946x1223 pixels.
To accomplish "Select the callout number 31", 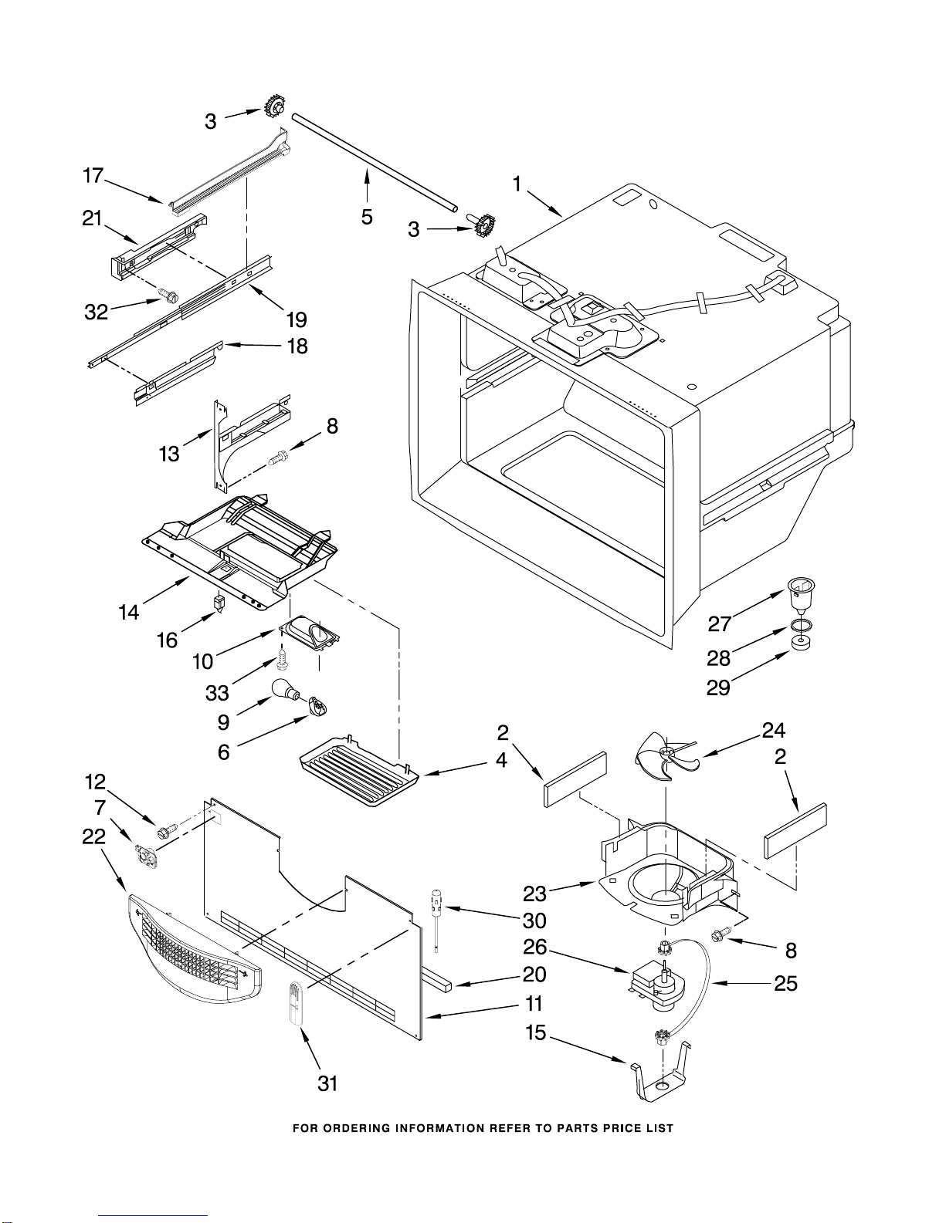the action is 327,1083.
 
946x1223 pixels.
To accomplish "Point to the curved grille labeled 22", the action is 195,951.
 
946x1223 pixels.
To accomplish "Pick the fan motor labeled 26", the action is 656,988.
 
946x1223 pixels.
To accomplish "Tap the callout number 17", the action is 93,176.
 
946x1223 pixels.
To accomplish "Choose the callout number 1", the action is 517,184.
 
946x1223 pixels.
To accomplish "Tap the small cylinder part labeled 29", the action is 802,643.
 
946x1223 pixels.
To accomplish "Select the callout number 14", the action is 129,612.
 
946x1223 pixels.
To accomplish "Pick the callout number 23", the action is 534,893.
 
